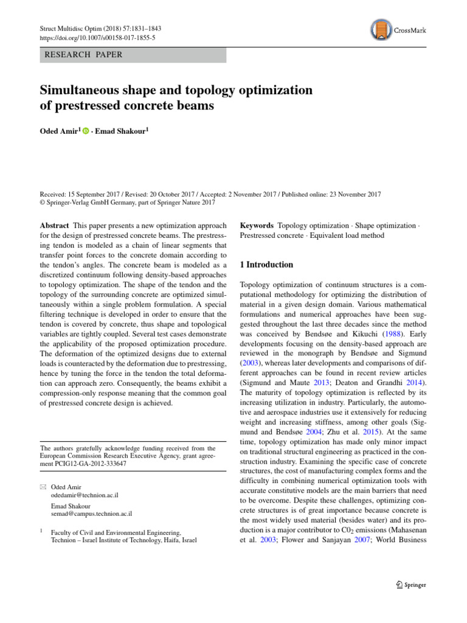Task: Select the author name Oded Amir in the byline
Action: point(59,130)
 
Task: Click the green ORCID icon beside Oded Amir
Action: point(86,130)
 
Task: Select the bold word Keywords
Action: point(257,225)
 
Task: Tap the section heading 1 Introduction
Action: point(267,265)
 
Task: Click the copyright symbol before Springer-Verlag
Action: point(43,203)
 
